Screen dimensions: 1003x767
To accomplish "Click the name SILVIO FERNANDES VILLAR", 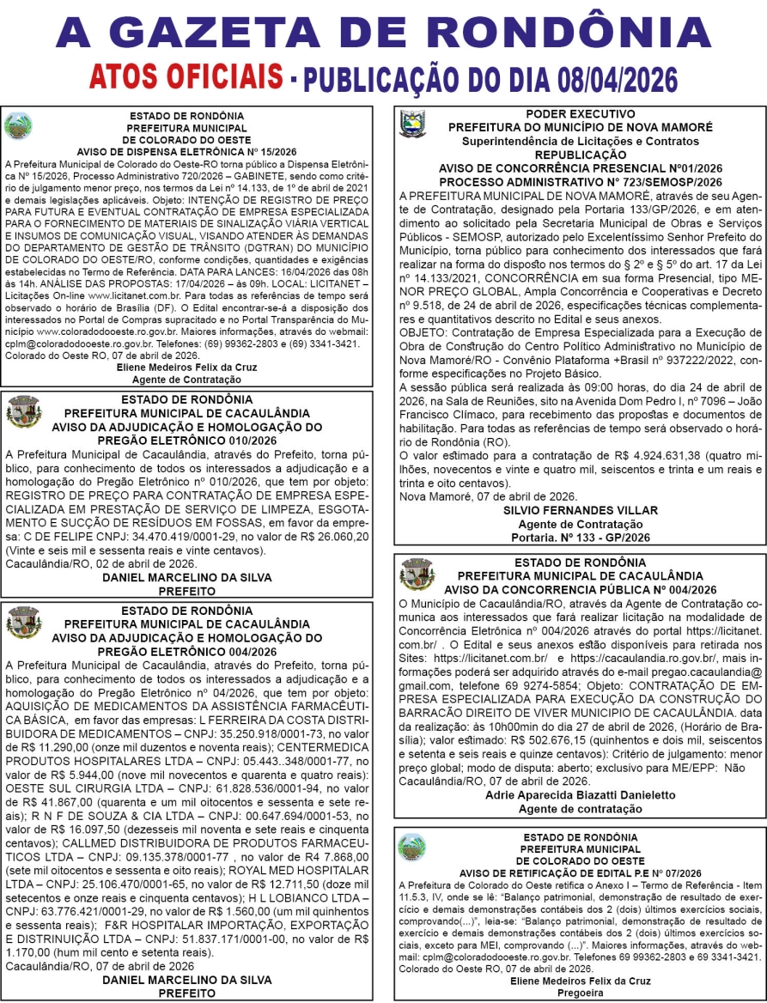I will [580, 510].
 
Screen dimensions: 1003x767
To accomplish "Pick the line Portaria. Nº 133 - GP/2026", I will [580, 537].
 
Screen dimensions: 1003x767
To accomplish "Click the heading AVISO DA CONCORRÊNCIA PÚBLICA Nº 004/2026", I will [580, 589].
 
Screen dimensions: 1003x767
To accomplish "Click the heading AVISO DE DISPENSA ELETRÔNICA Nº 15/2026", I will [186, 149].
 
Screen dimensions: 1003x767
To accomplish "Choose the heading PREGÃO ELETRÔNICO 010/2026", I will [186, 441].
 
